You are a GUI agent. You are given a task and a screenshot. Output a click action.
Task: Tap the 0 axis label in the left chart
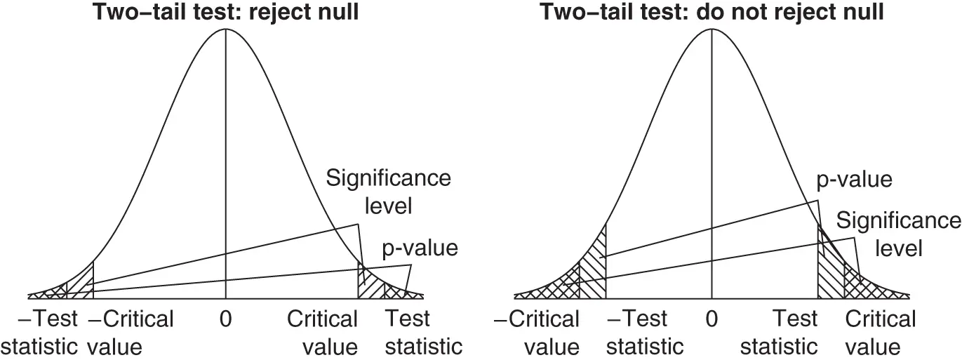coord(225,319)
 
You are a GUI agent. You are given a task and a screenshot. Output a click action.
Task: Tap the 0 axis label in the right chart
coord(712,319)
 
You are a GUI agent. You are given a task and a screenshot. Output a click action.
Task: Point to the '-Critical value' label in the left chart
coord(131,333)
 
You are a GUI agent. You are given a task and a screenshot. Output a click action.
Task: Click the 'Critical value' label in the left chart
coord(322,333)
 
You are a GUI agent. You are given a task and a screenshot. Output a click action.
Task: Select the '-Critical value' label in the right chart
coord(537,333)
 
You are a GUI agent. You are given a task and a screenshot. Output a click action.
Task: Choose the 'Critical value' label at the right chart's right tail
coord(881,333)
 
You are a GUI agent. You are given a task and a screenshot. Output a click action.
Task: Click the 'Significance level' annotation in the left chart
coord(388,192)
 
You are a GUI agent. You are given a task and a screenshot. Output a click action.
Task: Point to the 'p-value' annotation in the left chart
coord(420,248)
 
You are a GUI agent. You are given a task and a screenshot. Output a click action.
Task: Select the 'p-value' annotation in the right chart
coord(855,179)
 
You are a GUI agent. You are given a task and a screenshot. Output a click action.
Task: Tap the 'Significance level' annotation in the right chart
coord(898,234)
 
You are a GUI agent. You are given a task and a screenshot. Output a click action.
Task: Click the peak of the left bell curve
coord(225,29)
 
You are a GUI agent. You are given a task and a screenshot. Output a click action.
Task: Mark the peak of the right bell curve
coord(712,29)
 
